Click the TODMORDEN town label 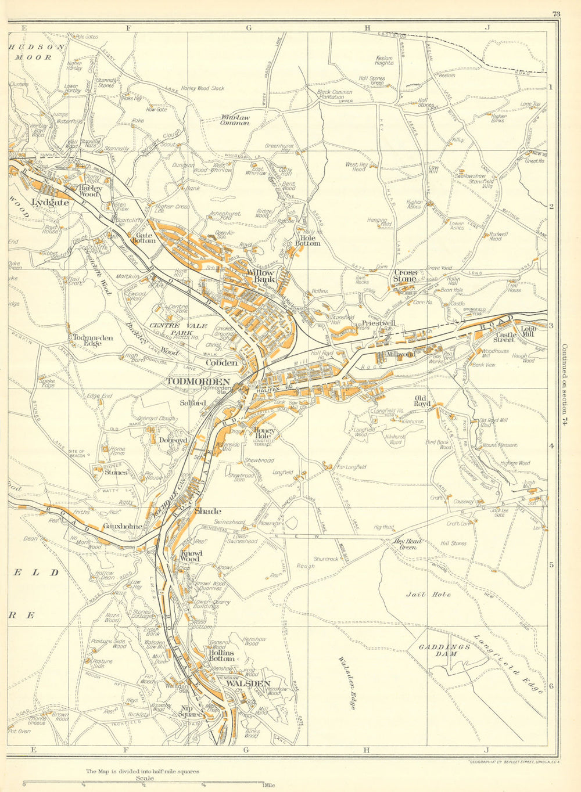198,381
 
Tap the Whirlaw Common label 235,120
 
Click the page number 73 556,15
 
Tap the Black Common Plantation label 335,95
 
